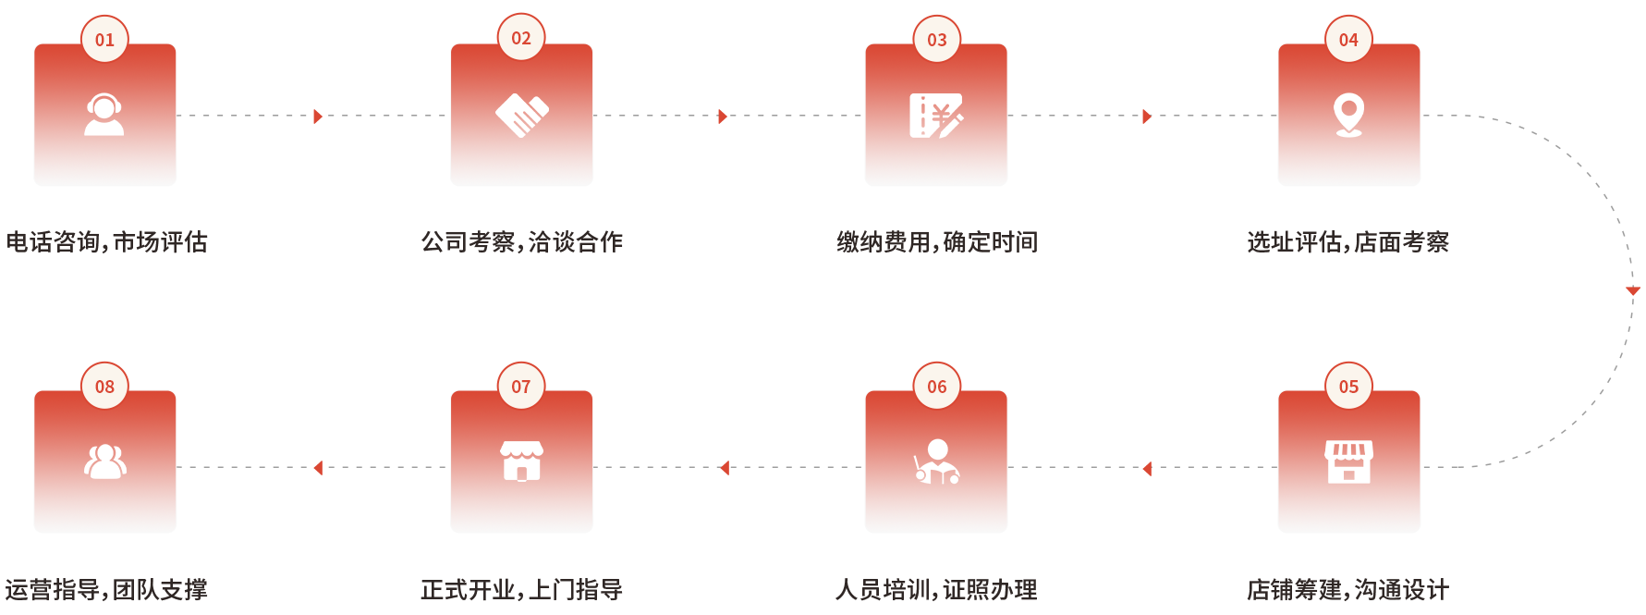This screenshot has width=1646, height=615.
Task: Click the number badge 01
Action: [x=104, y=40]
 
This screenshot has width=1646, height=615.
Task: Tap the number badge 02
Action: [x=521, y=38]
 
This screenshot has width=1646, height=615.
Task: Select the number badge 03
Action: [x=937, y=40]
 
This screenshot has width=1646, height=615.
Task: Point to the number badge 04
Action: [x=1348, y=40]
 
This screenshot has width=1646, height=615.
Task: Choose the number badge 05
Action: [x=1348, y=387]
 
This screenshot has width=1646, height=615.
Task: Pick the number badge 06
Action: [x=937, y=387]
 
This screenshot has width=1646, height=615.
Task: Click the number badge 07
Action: [x=521, y=387]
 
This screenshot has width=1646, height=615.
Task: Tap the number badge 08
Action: [x=104, y=387]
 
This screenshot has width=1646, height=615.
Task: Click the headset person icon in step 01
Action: [x=104, y=115]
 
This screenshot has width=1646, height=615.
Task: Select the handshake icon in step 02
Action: [x=521, y=115]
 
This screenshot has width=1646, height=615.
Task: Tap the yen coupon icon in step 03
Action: [x=936, y=116]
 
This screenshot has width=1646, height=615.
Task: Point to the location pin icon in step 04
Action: [x=1348, y=116]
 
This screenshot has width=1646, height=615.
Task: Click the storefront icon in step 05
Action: [x=1348, y=461]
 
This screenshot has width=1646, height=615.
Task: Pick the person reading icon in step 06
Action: [x=936, y=461]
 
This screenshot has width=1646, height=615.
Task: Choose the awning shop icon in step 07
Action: [x=521, y=461]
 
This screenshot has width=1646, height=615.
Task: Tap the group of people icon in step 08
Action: [x=104, y=461]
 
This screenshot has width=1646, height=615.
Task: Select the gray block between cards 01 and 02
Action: [x=388, y=151]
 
